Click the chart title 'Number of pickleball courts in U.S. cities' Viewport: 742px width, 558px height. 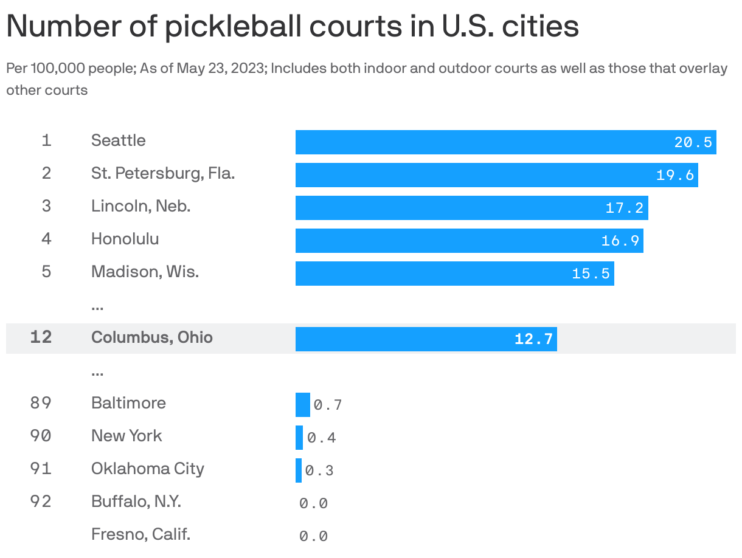point(292,27)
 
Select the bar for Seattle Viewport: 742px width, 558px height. point(505,142)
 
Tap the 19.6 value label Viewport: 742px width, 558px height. point(675,175)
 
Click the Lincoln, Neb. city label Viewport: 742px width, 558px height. point(140,206)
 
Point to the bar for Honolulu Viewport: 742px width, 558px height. point(468,241)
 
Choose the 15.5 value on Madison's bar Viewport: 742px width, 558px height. point(591,274)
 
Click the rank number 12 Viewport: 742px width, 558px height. point(41,337)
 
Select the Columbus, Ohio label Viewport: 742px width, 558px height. point(151,337)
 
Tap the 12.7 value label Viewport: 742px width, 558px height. point(533,339)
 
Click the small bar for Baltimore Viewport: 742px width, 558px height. point(302,405)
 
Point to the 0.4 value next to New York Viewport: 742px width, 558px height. point(321,438)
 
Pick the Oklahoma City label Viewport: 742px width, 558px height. point(147,469)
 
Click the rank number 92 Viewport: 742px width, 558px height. point(41,501)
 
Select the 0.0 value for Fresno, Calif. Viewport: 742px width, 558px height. point(313,536)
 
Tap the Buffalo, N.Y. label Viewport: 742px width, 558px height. point(136,501)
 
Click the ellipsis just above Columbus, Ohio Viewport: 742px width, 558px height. point(97,306)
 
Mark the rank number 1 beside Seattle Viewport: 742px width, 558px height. point(46,140)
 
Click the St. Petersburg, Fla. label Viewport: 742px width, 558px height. point(162,173)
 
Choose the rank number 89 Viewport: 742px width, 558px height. point(41,403)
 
